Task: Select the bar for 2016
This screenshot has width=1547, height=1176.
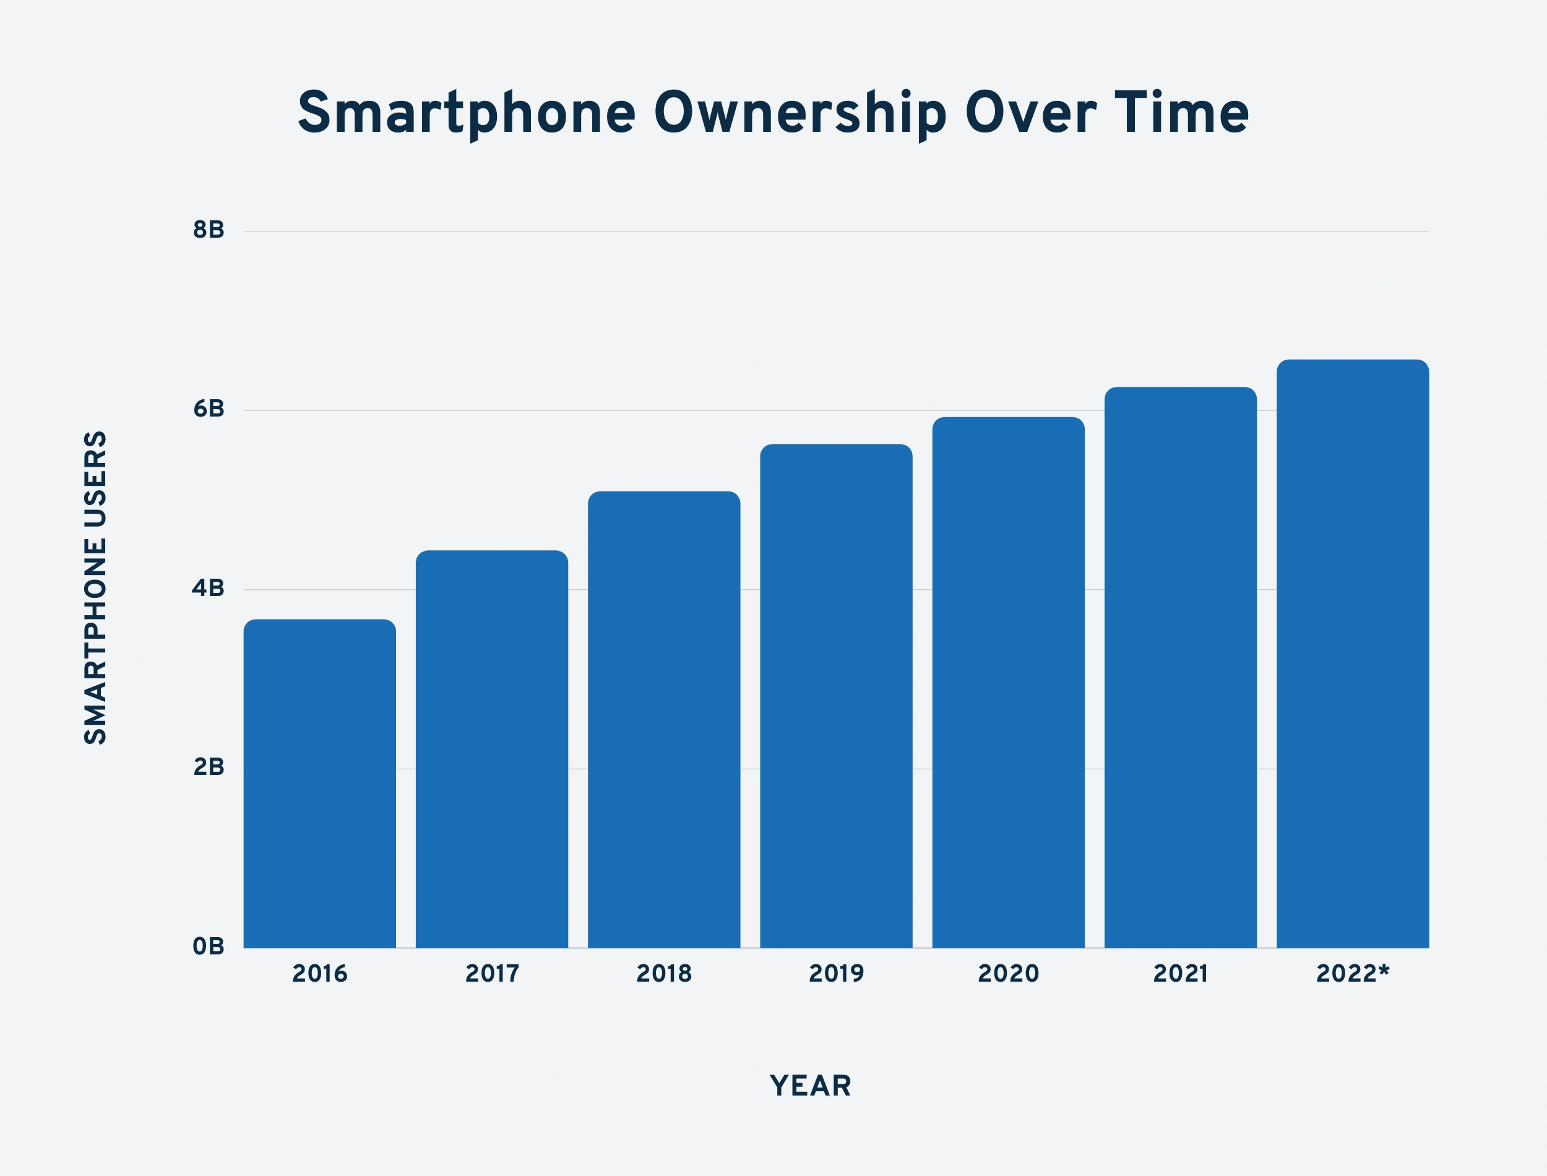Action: click(320, 784)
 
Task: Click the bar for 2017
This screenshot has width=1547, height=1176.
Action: click(492, 749)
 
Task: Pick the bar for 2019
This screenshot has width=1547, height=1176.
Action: click(836, 696)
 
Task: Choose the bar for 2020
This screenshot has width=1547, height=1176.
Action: click(1008, 683)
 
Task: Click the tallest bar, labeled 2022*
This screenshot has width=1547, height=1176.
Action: click(1353, 654)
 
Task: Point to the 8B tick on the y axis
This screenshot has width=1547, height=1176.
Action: click(209, 230)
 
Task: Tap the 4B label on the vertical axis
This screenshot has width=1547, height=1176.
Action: click(209, 588)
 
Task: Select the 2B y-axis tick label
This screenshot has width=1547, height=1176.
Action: click(209, 767)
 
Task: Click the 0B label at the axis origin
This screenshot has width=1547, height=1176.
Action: click(209, 946)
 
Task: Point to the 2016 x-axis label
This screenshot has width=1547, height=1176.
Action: click(320, 974)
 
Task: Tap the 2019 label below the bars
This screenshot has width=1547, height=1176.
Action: click(836, 974)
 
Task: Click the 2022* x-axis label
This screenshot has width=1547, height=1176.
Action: click(1353, 974)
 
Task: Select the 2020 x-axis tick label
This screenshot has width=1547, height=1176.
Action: click(1008, 974)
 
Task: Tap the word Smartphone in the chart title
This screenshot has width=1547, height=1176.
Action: click(467, 113)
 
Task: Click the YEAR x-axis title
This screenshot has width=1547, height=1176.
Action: click(810, 1086)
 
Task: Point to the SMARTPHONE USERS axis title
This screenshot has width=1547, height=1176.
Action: click(96, 588)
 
